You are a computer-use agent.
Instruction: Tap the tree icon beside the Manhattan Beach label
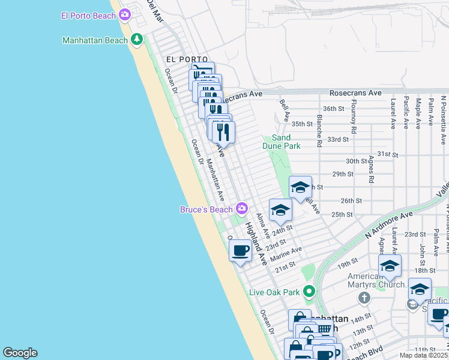tap(137, 40)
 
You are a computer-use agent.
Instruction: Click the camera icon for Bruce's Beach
tap(242, 209)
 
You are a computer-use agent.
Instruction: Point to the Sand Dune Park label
tap(281, 142)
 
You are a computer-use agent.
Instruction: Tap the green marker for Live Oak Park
tap(309, 292)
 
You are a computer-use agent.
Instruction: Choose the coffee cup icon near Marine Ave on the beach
tap(240, 250)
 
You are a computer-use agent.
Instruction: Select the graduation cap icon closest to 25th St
tap(280, 210)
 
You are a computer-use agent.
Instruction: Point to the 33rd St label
tap(338, 139)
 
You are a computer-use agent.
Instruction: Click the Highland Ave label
tap(255, 244)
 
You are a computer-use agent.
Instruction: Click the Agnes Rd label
tap(372, 170)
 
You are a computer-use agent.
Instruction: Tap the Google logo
tap(20, 353)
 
